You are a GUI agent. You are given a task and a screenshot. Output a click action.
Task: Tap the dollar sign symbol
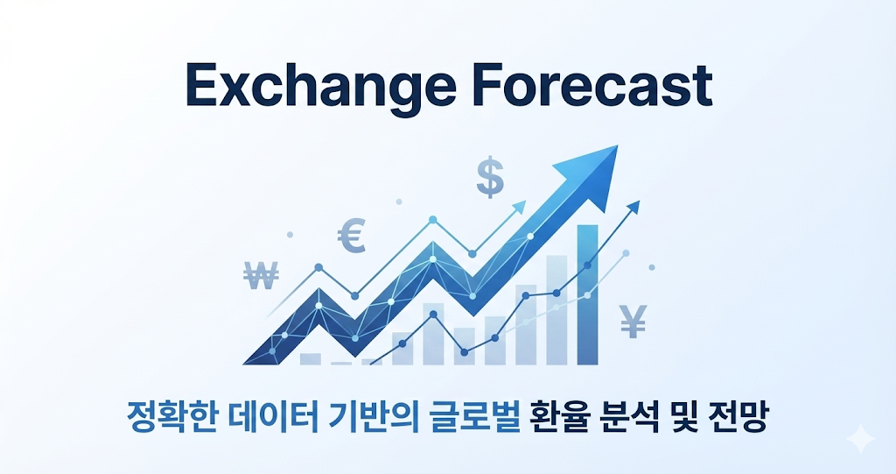490,177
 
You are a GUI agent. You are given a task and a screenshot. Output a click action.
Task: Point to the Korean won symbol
262,277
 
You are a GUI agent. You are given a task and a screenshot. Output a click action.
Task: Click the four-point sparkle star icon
861,438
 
